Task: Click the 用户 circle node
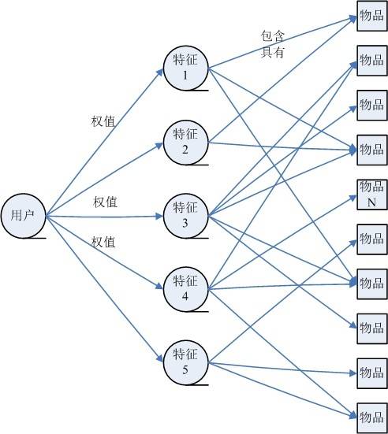pos(24,216)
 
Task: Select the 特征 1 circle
pos(185,68)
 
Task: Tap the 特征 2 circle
pos(185,143)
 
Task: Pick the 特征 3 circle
pos(185,216)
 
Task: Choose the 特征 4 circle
pos(185,289)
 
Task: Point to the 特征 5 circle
pos(185,362)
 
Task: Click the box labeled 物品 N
pos(372,195)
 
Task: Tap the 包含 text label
pos(273,36)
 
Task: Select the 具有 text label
pos(273,52)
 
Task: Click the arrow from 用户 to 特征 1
pos(104,143)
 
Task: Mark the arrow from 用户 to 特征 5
pos(104,289)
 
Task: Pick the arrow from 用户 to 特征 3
pos(104,216)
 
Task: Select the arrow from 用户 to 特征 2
pos(104,180)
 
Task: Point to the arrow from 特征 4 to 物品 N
pos(282,243)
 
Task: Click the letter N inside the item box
pos(371,202)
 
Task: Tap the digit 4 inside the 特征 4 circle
pos(185,296)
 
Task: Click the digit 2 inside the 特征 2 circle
pos(185,150)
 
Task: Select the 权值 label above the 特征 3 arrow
pos(106,202)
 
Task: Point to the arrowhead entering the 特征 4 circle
pos(159,286)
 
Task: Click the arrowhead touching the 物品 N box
pos(353,198)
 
